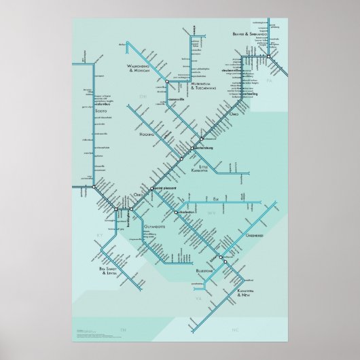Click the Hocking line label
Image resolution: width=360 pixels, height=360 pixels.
[147, 134]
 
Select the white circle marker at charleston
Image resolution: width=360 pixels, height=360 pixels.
[176, 213]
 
